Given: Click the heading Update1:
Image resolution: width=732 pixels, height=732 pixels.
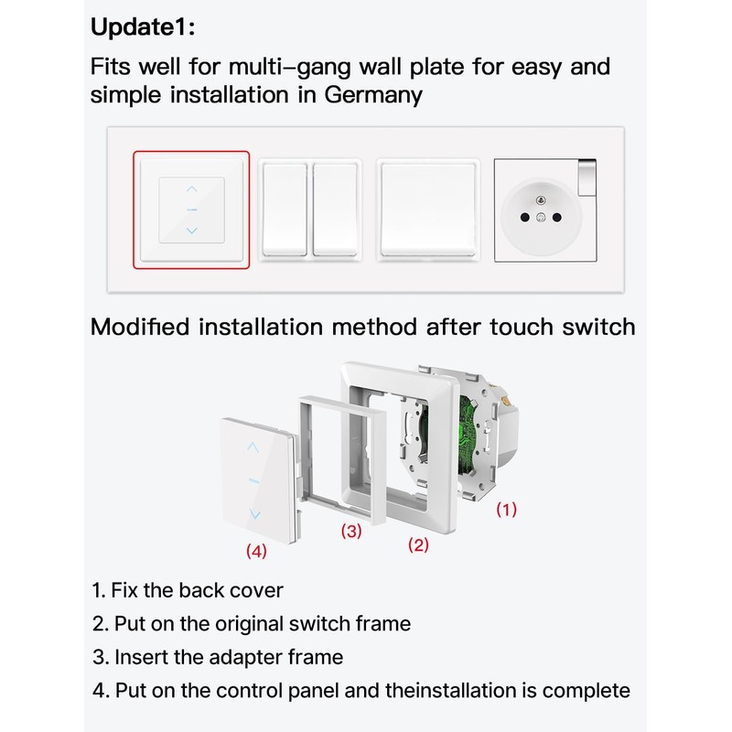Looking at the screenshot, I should pos(142,27).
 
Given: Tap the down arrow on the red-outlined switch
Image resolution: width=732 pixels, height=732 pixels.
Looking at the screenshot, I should pos(191,231).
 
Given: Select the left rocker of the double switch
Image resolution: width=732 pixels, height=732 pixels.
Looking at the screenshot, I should pos(285,210).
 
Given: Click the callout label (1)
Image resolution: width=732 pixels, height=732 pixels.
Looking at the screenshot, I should pos(506,510).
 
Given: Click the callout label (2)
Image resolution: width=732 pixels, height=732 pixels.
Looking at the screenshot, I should pos(417,544).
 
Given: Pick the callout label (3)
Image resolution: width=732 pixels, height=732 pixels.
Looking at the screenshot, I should pos(351,531).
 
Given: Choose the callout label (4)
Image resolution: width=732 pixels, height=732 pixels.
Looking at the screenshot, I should pos(256,551).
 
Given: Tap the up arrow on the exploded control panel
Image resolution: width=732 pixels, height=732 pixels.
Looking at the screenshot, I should pos(253,447).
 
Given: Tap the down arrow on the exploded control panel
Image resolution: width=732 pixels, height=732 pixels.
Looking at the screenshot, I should pos(253,515).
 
